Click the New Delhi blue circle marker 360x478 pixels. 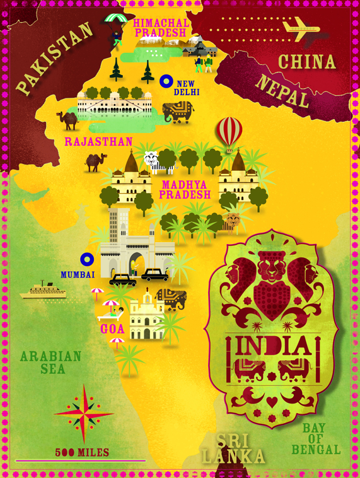coord(166,81)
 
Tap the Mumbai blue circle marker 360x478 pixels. coord(87,259)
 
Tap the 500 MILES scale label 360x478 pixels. coord(82,452)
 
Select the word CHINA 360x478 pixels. coord(307,62)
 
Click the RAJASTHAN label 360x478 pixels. coord(98,142)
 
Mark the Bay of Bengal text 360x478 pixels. coord(316,439)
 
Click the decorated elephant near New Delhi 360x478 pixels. coord(178,112)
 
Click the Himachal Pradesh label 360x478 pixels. coord(160,27)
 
